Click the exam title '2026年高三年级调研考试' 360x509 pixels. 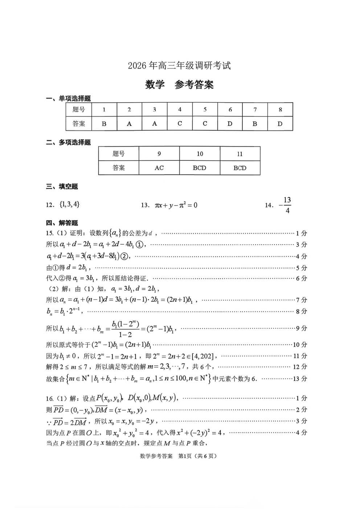coord(179,66)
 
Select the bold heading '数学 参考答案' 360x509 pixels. coord(179,85)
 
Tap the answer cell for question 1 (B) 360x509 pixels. coord(104,124)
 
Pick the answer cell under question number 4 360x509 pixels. coord(180,124)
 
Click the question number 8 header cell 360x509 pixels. coord(280,110)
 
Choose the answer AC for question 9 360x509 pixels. coord(159,168)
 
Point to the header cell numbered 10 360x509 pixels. coord(200,154)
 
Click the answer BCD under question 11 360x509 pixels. coord(240,168)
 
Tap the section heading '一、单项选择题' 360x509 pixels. coord(68,98)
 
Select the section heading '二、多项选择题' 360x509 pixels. coord(68,142)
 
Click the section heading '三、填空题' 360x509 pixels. coord(62,186)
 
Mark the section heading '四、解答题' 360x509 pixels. coord(62,223)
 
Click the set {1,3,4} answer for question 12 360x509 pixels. coord(69,205)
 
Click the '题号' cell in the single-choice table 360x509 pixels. coord(79,110)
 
